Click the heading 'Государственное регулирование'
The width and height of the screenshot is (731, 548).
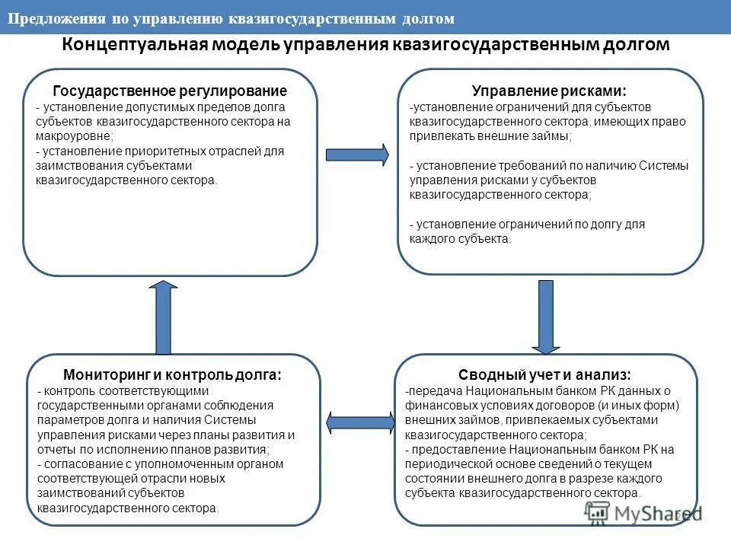click(x=170, y=91)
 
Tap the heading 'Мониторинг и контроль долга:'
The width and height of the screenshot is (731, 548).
click(x=172, y=374)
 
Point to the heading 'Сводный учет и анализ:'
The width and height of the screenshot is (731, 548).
click(x=544, y=374)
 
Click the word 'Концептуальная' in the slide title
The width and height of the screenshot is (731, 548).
click(x=132, y=45)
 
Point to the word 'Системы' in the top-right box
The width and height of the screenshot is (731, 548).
click(x=662, y=165)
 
